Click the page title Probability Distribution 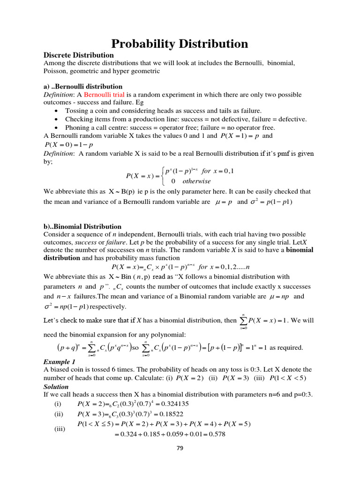pos(180,44)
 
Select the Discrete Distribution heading pos(79,55)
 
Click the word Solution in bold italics pos(56,387)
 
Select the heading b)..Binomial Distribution pos(82,226)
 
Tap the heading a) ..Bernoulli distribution pos(83,87)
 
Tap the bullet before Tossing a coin pos(57,111)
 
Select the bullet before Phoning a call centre pos(57,127)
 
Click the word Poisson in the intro pos(56,71)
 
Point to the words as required pos(287,347)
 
